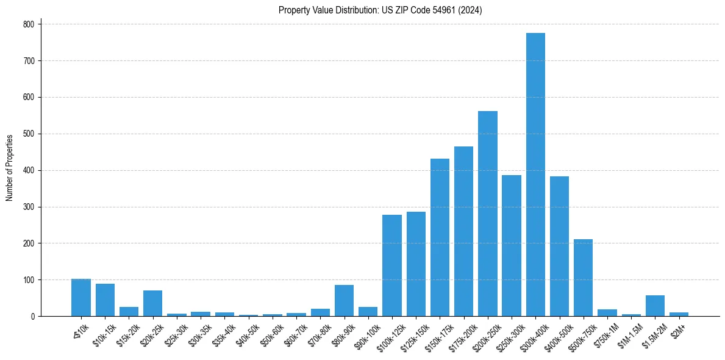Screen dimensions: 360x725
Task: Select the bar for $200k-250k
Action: click(x=488, y=214)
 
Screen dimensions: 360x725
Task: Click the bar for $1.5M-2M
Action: click(x=655, y=306)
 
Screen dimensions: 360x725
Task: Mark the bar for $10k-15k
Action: click(x=105, y=300)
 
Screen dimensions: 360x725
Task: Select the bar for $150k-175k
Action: click(x=440, y=237)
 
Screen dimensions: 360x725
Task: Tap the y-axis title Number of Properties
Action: click(x=10, y=168)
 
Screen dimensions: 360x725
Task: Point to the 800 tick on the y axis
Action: click(x=28, y=24)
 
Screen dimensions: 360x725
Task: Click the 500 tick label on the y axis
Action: click(x=28, y=134)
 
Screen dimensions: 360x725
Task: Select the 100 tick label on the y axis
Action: click(x=28, y=280)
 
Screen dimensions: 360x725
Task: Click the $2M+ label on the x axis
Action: click(x=679, y=330)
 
